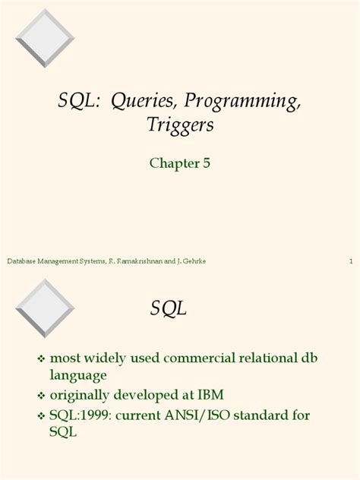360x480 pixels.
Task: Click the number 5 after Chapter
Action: click(205, 163)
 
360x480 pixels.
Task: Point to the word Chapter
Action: click(172, 163)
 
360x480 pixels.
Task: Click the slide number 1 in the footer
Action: click(351, 261)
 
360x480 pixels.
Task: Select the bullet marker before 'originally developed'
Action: click(42, 396)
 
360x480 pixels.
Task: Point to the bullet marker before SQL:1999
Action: click(42, 415)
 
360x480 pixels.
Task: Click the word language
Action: click(78, 374)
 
